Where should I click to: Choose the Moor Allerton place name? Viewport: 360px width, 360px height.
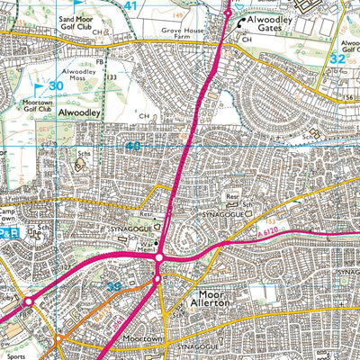coord(216,300)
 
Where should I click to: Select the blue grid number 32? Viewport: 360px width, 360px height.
coord(337,58)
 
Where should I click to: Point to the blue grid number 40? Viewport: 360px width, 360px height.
coord(133,146)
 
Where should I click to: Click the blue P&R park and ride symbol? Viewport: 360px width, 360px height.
coord(9,233)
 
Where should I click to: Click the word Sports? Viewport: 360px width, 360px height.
coord(10,343)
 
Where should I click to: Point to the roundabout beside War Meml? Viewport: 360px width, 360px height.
coord(158,258)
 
